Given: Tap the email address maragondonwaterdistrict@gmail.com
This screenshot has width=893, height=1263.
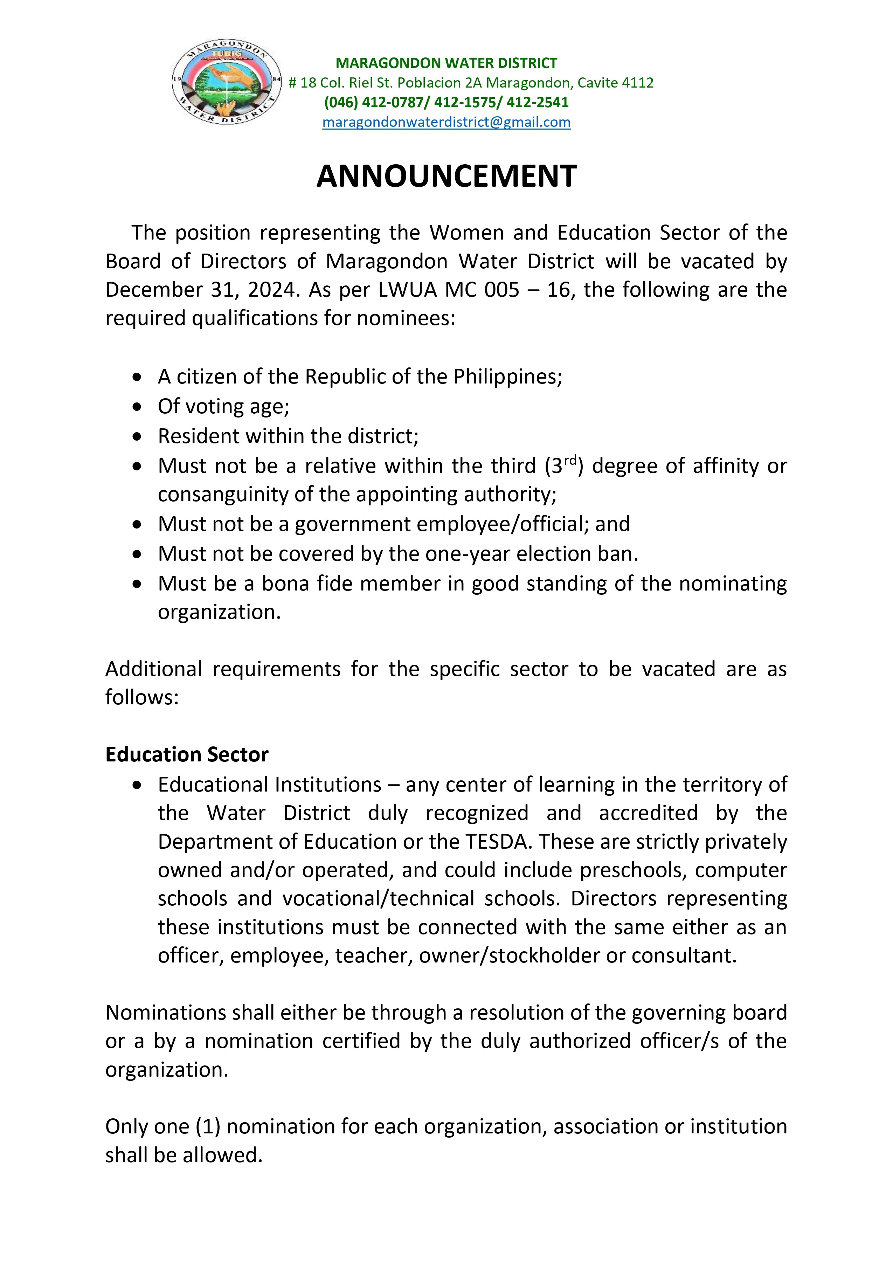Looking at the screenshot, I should pyautogui.click(x=446, y=122).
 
